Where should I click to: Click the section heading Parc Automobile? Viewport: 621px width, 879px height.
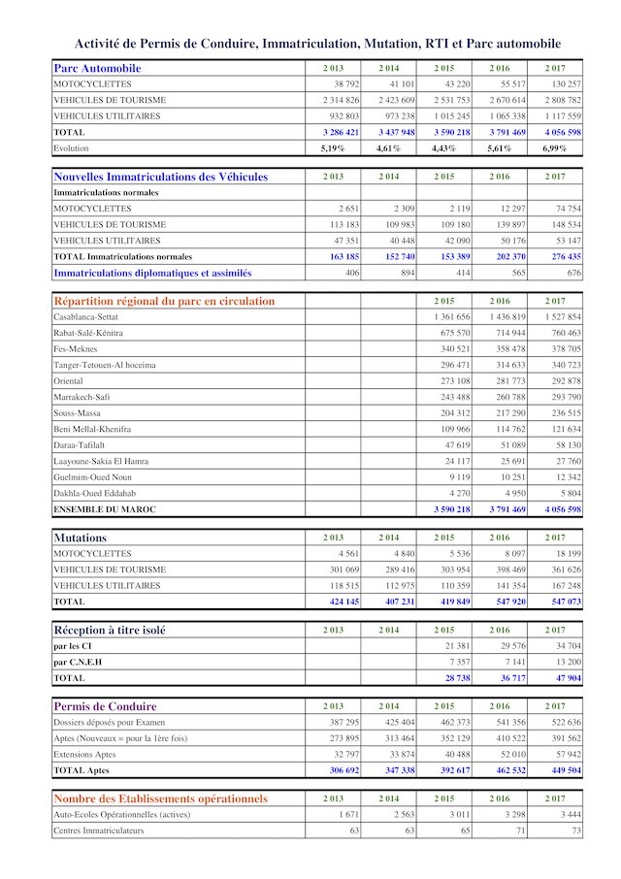click(x=97, y=69)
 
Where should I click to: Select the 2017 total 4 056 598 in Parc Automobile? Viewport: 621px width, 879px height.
click(x=561, y=132)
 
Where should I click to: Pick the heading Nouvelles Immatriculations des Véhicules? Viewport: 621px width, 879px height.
click(x=160, y=178)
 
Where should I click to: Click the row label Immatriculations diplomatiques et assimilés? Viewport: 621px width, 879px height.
click(x=152, y=273)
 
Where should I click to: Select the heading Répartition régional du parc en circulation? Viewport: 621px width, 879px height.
click(x=164, y=301)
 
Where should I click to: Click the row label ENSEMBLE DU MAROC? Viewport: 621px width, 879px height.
click(x=104, y=509)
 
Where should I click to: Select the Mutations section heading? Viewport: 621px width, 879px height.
click(x=81, y=537)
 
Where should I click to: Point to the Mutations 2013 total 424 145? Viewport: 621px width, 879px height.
click(x=339, y=602)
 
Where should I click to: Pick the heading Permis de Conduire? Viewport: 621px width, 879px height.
click(x=105, y=706)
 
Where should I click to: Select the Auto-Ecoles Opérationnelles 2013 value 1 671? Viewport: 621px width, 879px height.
click(x=345, y=815)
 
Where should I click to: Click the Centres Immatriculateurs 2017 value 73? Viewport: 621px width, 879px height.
click(x=575, y=830)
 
